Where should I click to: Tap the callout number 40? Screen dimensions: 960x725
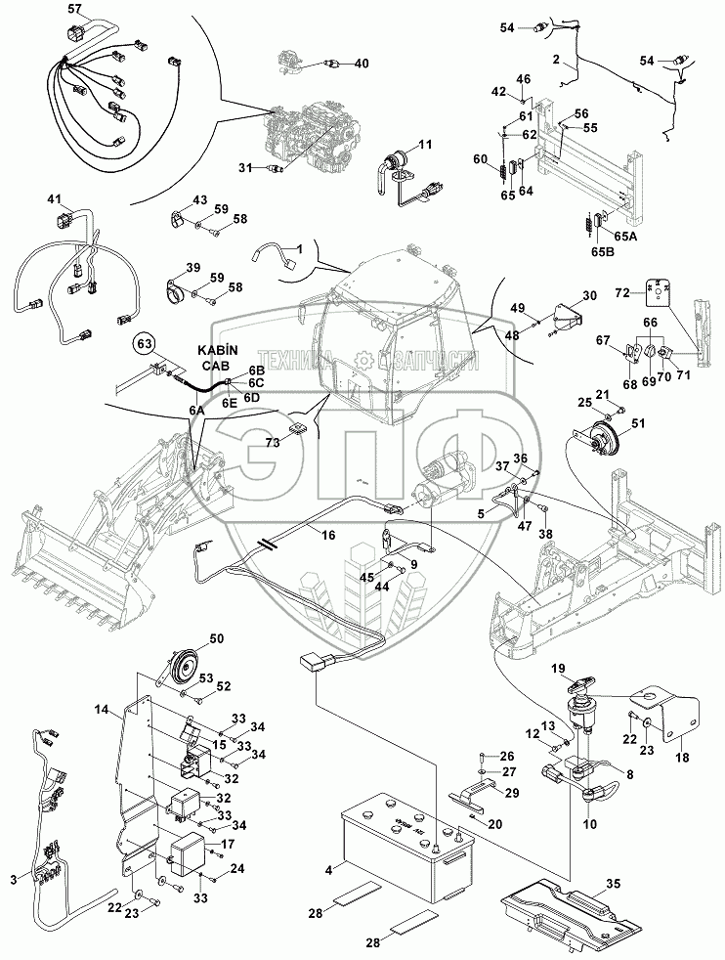click(x=362, y=64)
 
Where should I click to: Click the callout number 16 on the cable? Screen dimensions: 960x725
click(x=327, y=537)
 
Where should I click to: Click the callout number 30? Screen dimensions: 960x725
click(x=588, y=296)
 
